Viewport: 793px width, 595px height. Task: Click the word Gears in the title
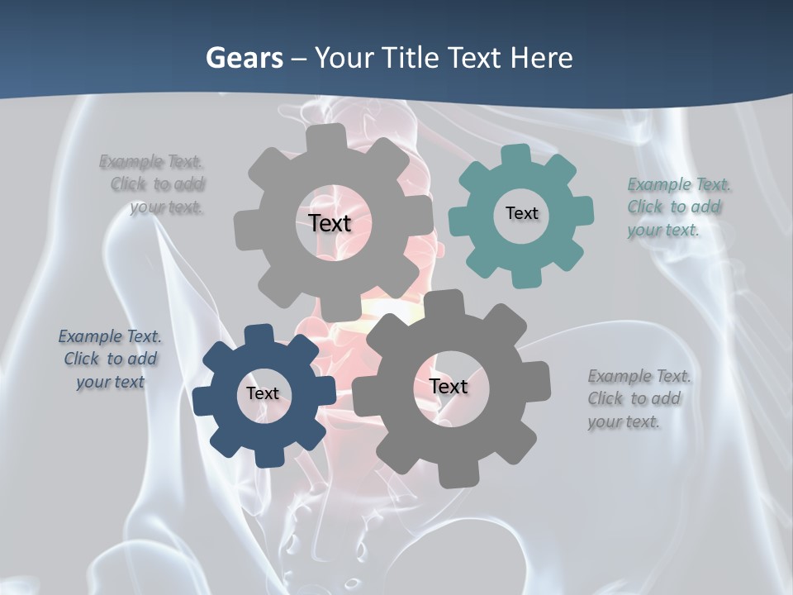[x=243, y=58]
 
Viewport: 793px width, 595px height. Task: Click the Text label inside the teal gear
[x=521, y=213]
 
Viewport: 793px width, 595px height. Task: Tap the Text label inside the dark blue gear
[x=262, y=394]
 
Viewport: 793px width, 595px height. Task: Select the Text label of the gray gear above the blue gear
[x=330, y=223]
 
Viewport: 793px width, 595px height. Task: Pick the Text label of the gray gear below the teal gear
[x=448, y=387]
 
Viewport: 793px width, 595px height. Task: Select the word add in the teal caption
[x=705, y=207]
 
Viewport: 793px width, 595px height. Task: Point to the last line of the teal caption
[x=662, y=231]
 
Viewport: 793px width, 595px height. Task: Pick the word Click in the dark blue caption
[x=81, y=359]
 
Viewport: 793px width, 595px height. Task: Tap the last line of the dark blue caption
[x=110, y=383]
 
